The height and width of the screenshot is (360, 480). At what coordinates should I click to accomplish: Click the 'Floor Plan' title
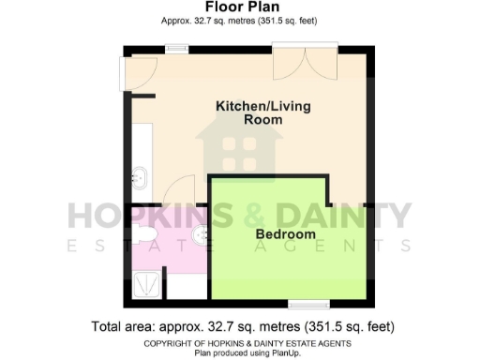[x=239, y=7]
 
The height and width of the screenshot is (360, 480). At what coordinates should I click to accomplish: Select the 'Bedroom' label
[x=285, y=233]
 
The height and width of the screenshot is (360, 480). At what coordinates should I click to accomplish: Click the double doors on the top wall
[x=302, y=63]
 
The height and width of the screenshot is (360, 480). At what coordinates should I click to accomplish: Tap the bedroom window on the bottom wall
[x=308, y=304]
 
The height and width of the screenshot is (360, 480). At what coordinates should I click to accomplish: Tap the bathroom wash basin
[x=199, y=232]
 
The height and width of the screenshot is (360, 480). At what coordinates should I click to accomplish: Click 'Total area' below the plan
[x=125, y=327]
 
